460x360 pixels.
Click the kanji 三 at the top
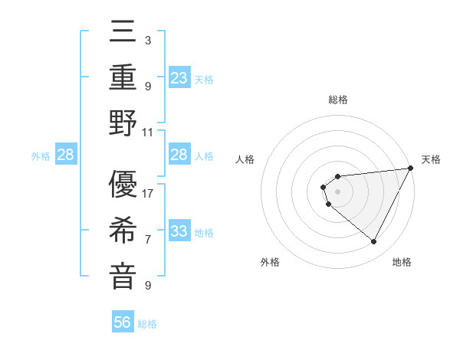[123, 34]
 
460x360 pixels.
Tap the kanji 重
[123, 78]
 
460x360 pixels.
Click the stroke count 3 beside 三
[147, 40]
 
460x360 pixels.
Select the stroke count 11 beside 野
[149, 131]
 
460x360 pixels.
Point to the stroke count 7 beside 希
[148, 239]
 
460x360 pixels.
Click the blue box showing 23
[179, 78]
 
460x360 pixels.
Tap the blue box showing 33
[179, 231]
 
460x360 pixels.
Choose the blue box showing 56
[123, 322]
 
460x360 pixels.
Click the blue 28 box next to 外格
[66, 155]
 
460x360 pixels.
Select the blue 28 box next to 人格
[179, 155]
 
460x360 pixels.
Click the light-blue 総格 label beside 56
[147, 324]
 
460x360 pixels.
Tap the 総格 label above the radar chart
[338, 100]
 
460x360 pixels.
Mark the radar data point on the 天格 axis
[412, 169]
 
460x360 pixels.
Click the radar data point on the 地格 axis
[374, 242]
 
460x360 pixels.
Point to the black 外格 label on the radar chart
[270, 263]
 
